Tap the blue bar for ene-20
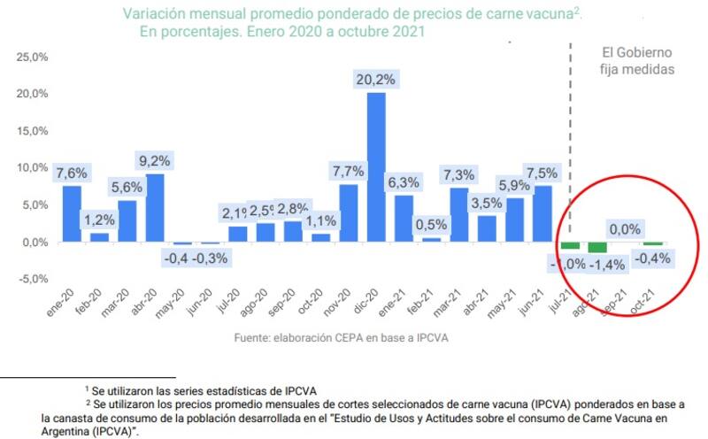pyautogui.click(x=72, y=213)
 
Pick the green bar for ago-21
pyautogui.click(x=596, y=247)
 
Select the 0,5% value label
pyautogui.click(x=432, y=224)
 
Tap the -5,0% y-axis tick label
pyautogui.click(x=32, y=279)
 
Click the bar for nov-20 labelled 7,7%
pyautogui.click(x=349, y=212)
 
